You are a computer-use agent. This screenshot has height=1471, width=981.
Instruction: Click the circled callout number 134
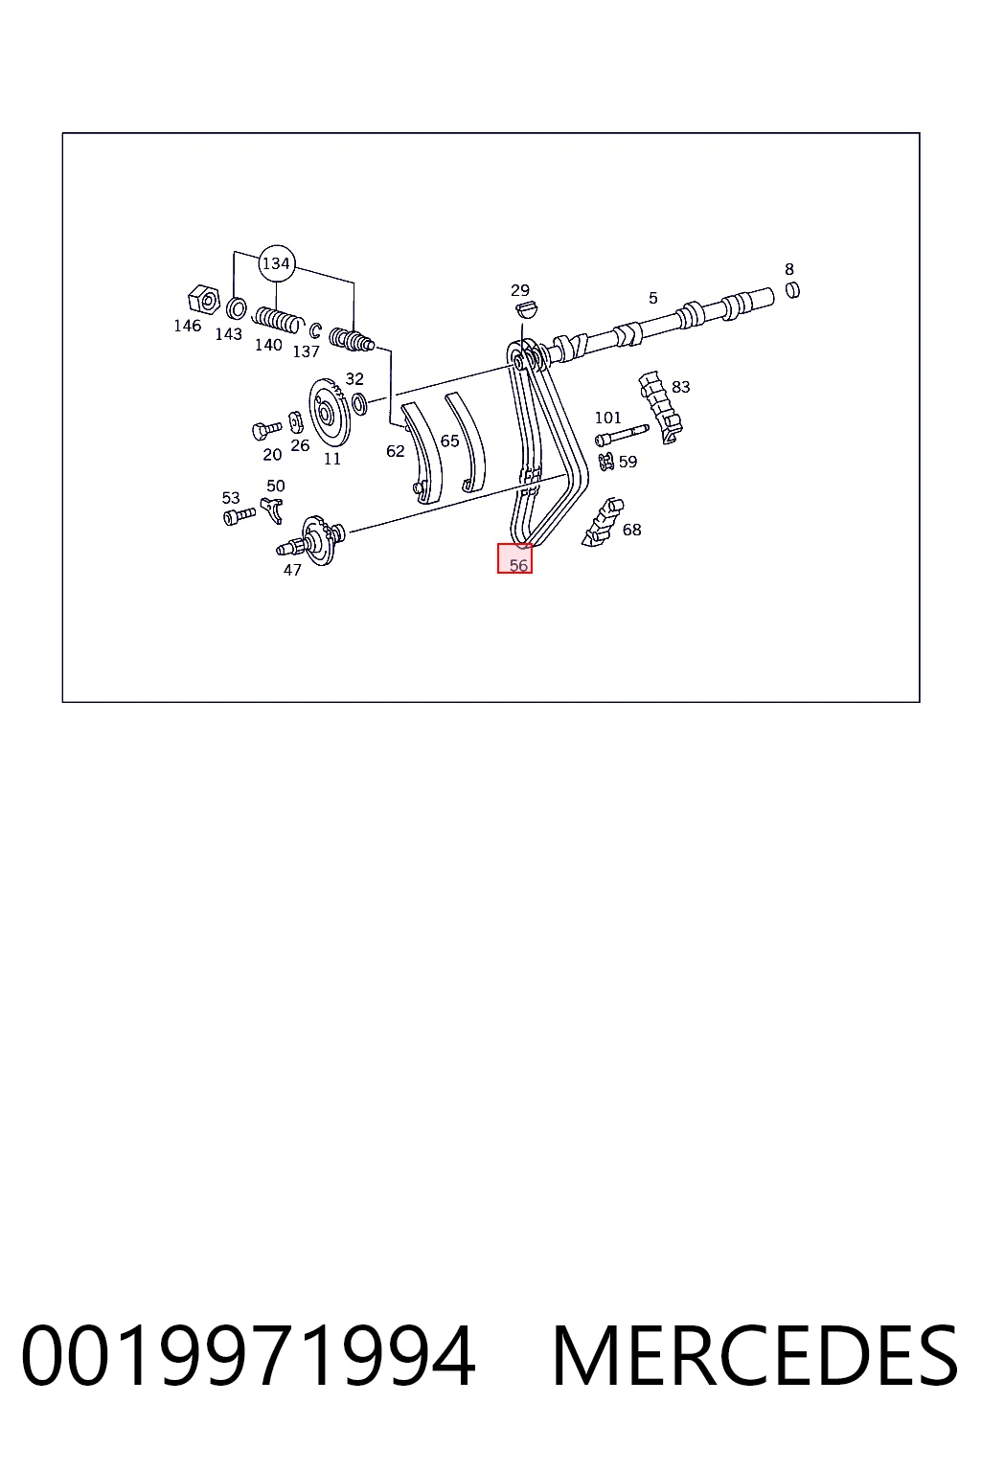(x=276, y=263)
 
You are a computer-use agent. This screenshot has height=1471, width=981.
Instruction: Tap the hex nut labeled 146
(x=204, y=300)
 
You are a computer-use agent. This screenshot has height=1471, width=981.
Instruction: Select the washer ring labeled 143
(x=236, y=307)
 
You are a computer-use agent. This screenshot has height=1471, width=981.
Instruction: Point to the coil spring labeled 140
(x=278, y=321)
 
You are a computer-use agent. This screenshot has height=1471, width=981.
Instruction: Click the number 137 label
(x=307, y=352)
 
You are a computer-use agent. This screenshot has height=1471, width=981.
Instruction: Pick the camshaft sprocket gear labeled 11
(x=331, y=413)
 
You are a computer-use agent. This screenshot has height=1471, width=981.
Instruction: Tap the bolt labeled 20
(x=266, y=430)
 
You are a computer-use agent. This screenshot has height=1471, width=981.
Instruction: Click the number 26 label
(x=300, y=446)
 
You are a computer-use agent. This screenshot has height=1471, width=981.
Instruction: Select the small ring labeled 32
(x=360, y=404)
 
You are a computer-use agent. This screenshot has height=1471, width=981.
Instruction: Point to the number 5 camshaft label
(x=652, y=298)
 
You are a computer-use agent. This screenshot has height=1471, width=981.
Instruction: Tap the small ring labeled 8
(x=793, y=289)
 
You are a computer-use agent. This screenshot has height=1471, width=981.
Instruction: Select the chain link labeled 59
(x=605, y=461)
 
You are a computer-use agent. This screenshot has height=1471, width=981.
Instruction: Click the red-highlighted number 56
(x=518, y=565)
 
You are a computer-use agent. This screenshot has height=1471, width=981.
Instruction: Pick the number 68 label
(x=631, y=530)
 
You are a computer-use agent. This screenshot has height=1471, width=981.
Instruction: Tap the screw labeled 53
(x=240, y=516)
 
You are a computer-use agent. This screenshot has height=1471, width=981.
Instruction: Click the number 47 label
(x=292, y=570)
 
